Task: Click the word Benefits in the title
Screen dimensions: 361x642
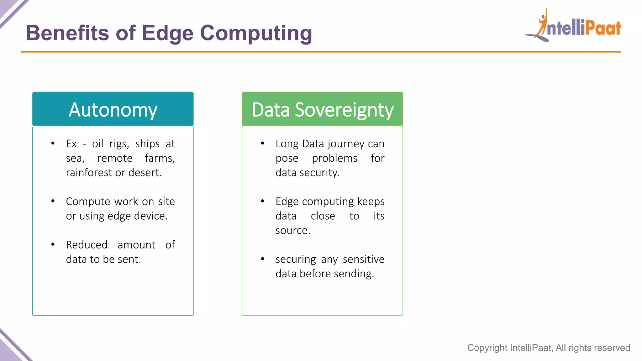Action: [67, 33]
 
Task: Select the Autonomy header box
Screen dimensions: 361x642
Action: [113, 109]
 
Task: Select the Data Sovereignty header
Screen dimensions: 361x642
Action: [322, 109]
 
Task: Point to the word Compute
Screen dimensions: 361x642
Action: [88, 201]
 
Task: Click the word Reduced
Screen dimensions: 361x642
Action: [87, 245]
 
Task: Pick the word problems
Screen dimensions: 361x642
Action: [334, 158]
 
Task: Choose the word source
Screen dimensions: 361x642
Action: [292, 231]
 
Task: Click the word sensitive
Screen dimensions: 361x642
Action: [363, 259]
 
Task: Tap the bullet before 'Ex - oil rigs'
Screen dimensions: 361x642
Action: [53, 144]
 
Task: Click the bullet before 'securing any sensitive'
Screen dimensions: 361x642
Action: [263, 259]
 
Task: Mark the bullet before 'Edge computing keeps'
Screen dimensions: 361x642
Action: [263, 201]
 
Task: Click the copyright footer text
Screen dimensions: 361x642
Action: [548, 348]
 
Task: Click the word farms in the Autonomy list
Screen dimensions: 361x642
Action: [159, 158]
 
